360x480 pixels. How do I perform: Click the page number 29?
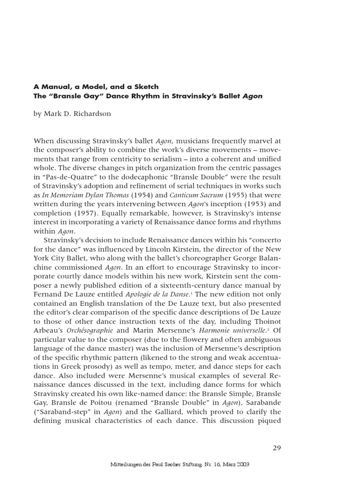pos(277,448)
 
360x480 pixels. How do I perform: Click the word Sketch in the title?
pos(146,87)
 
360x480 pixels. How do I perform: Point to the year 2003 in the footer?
pos(241,465)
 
